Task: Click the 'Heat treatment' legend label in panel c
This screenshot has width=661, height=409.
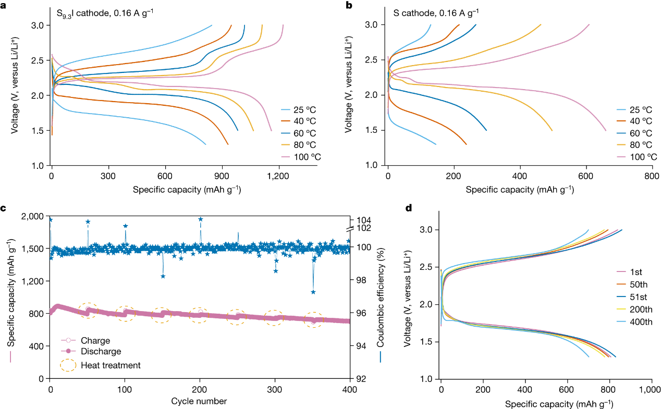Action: click(111, 365)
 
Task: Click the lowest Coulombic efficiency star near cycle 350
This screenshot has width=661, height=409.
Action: click(313, 292)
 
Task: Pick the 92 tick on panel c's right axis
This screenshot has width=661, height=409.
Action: click(360, 379)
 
